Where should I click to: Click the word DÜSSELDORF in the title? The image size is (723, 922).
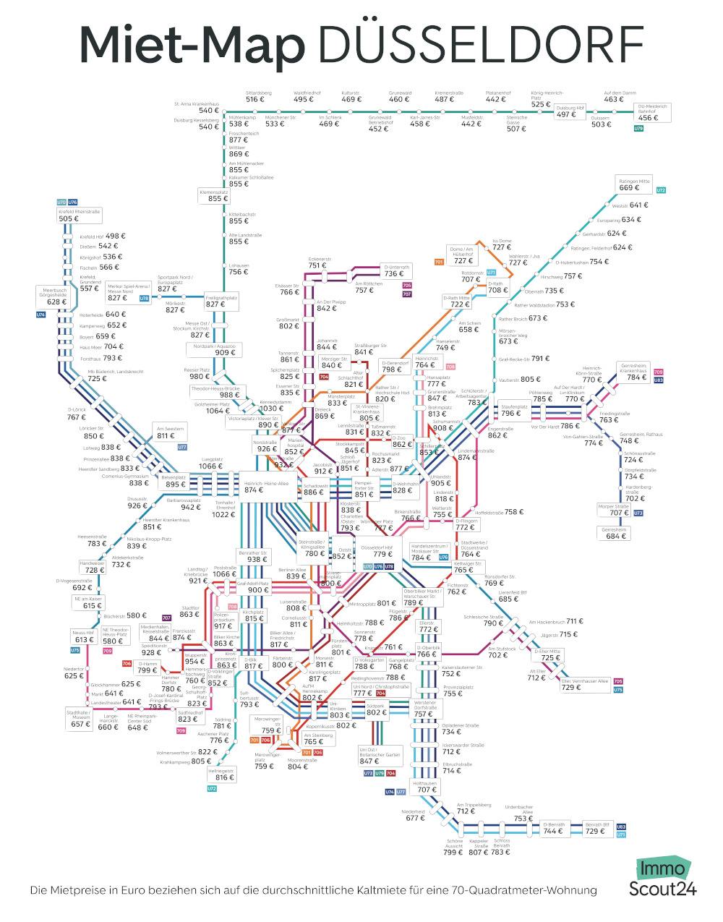coord(481,46)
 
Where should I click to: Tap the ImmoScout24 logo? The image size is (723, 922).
coord(662,878)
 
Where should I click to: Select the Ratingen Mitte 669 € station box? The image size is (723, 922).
coord(634,184)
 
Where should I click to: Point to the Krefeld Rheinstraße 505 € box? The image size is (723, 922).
coord(79,215)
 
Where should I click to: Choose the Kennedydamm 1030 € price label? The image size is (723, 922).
coord(273,406)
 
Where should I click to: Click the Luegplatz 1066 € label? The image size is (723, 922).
coord(212,463)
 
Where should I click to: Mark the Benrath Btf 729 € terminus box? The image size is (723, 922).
coord(596,829)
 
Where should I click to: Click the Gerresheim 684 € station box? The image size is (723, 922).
coord(614,533)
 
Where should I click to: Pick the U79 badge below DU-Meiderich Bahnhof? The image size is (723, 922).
coord(638,129)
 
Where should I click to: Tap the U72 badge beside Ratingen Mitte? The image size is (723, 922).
coord(661,190)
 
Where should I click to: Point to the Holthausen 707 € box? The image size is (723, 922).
coord(425,787)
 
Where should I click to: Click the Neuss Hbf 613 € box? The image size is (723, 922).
coord(84,636)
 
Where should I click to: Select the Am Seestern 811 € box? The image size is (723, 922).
coord(170,432)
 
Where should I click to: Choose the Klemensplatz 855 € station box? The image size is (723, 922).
coord(214,196)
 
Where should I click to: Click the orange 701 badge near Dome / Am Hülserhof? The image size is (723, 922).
coord(439,262)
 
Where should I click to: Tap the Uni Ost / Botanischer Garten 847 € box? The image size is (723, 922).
coord(380,757)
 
